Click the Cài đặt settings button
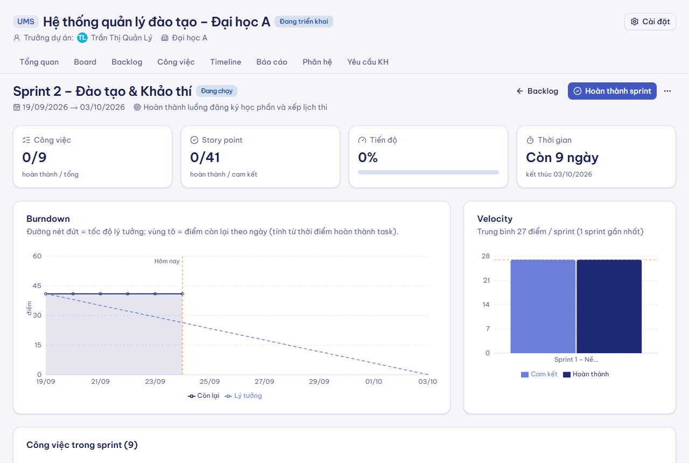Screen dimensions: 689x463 click(x=650, y=22)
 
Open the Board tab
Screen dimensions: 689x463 click(x=85, y=62)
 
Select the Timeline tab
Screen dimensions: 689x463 click(x=226, y=62)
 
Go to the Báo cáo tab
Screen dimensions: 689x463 click(x=272, y=62)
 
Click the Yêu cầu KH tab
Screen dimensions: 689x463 click(x=368, y=62)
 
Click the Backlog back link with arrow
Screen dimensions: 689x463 click(x=537, y=91)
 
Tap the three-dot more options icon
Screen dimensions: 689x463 click(x=667, y=91)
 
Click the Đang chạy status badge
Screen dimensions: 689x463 click(x=216, y=91)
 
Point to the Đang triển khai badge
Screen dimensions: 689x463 click(x=304, y=22)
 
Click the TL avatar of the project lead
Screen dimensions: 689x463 click(x=82, y=38)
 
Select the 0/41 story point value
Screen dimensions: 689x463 click(x=205, y=158)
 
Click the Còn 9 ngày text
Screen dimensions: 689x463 click(x=562, y=158)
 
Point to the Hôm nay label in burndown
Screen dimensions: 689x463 click(x=167, y=261)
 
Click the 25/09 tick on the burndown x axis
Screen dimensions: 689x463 click(x=210, y=382)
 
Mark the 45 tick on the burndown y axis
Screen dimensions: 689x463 click(x=37, y=286)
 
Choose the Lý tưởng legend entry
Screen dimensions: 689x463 click(x=243, y=396)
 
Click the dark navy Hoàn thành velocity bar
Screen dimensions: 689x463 click(x=609, y=306)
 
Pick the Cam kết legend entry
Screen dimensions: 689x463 click(x=539, y=374)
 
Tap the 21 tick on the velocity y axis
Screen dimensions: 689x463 click(x=486, y=280)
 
